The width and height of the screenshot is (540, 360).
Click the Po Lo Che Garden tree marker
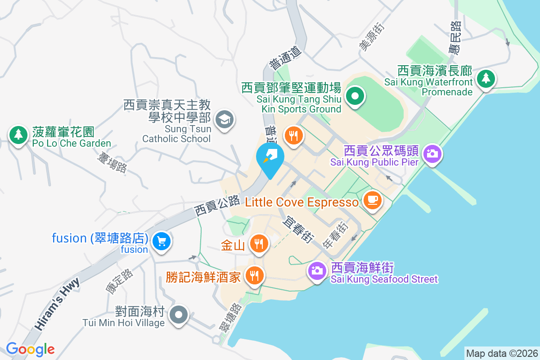pos(18,134)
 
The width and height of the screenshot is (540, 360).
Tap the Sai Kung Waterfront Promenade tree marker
pos(486,79)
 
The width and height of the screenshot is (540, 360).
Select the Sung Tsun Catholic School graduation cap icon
pos(224,120)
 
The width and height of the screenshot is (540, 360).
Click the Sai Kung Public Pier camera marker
pos(432,153)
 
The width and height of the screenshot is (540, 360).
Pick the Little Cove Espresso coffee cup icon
pos(372,199)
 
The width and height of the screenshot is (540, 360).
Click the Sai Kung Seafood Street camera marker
pos(317,270)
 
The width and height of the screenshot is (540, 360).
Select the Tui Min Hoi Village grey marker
pos(179,315)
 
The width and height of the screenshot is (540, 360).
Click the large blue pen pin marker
pos(270,157)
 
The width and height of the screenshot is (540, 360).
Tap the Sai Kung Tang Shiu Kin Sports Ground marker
pos(355,96)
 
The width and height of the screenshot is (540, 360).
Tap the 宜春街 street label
pos(297,229)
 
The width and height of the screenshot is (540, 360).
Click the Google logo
pos(30,349)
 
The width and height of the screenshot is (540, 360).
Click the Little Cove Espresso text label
pos(302,202)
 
